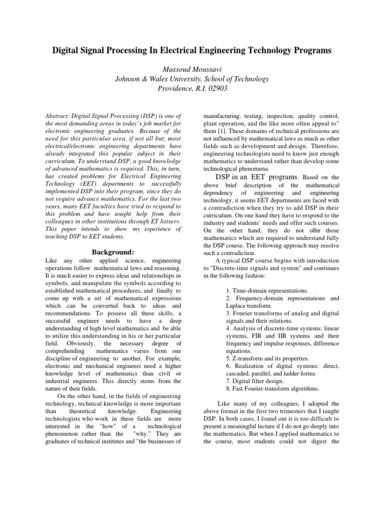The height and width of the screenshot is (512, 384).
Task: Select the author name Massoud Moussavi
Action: [192, 68]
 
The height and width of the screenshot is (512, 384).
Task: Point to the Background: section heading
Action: [113, 251]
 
